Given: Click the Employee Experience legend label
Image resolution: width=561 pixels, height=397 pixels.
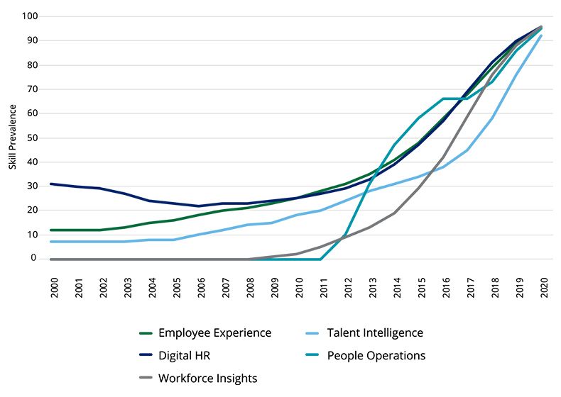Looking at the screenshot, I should point(214,333).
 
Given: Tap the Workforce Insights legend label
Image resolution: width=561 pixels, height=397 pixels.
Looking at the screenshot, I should point(207,379).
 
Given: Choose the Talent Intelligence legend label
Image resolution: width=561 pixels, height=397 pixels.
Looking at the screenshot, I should point(375,333).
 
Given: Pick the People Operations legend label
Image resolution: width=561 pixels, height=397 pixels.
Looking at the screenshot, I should point(376,356).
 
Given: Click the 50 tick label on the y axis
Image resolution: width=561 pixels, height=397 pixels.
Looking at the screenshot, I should point(32,138).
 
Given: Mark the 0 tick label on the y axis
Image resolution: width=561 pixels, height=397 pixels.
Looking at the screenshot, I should point(34,258).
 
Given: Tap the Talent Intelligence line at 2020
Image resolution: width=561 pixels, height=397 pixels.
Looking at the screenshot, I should point(542,35).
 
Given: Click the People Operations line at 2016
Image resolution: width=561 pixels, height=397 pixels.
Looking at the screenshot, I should point(443,99).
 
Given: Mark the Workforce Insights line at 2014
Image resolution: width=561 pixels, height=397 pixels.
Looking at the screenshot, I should point(394,213).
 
